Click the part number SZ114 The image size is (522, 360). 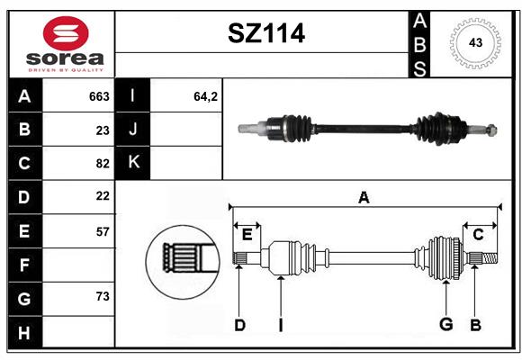pyautogui.click(x=266, y=33)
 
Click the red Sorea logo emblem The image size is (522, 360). pyautogui.click(x=66, y=33)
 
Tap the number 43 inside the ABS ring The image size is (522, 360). pyautogui.click(x=475, y=42)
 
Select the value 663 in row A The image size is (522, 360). pyautogui.click(x=99, y=96)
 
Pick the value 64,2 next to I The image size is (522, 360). pyautogui.click(x=206, y=96)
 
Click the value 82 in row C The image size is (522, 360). pyautogui.click(x=103, y=164)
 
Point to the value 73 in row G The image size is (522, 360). pyautogui.click(x=103, y=296)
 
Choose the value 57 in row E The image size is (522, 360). pyautogui.click(x=103, y=232)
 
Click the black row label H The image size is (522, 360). pyautogui.click(x=25, y=332)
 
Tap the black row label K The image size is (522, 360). pyautogui.click(x=132, y=163)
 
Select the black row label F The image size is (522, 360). pyautogui.click(x=25, y=265)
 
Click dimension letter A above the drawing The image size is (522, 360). pyautogui.click(x=364, y=197)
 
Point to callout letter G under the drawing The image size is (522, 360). pyautogui.click(x=446, y=324)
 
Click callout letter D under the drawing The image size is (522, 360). pyautogui.click(x=239, y=325)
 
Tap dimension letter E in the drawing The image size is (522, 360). pyautogui.click(x=247, y=235)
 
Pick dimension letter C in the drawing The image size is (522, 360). pyautogui.click(x=478, y=235)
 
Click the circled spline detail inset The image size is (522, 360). pyautogui.click(x=183, y=262)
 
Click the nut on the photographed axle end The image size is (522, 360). pyautogui.click(x=491, y=130)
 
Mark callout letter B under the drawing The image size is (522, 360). pyautogui.click(x=475, y=325)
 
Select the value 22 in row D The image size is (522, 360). pyautogui.click(x=103, y=196)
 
